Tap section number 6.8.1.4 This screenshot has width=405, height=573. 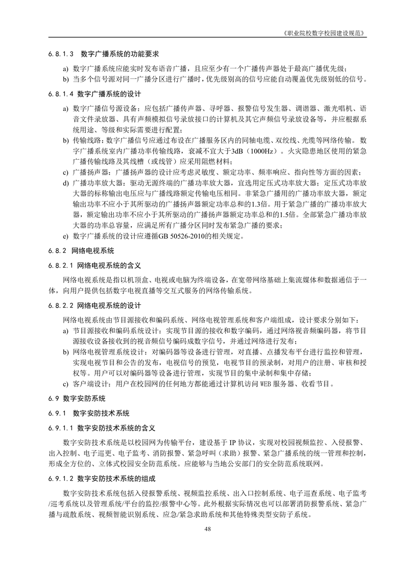[61, 94]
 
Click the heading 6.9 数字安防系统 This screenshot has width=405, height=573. [77, 398]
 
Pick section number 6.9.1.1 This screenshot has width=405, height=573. [61, 427]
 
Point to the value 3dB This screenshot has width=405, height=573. [238, 152]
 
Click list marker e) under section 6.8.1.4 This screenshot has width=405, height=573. [65, 236]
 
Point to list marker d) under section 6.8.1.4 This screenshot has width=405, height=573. [65, 183]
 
